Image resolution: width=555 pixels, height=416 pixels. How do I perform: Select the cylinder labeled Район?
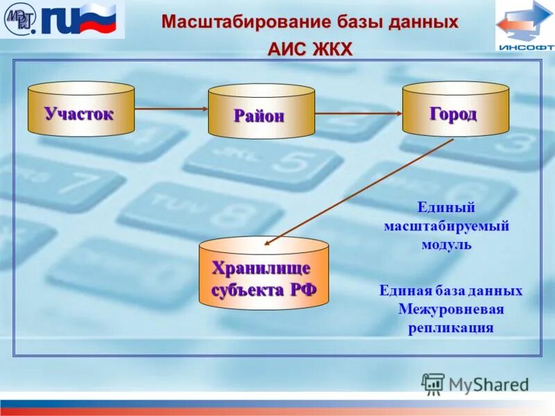point(261,112)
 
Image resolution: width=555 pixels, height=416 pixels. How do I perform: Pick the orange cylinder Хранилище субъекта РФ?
point(264,273)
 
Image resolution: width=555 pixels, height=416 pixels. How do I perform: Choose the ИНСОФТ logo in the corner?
point(525,26)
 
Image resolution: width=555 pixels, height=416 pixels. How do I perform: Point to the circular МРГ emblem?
point(19,20)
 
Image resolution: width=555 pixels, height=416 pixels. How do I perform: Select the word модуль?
point(447,244)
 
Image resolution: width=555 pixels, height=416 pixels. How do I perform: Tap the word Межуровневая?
point(450,309)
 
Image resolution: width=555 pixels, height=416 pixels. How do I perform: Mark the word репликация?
point(450,327)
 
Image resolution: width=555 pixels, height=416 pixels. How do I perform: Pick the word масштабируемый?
point(447,226)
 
